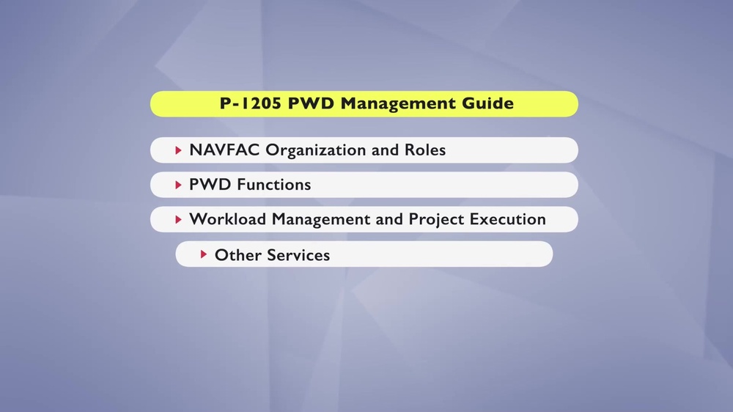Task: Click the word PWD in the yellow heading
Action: click(x=308, y=103)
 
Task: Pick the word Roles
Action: click(x=425, y=150)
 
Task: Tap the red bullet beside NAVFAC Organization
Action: click(x=178, y=150)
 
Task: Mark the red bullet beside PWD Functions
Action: click(x=178, y=185)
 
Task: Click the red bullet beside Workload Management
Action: click(x=178, y=219)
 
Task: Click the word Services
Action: click(x=298, y=255)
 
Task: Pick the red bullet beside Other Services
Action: click(x=204, y=254)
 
